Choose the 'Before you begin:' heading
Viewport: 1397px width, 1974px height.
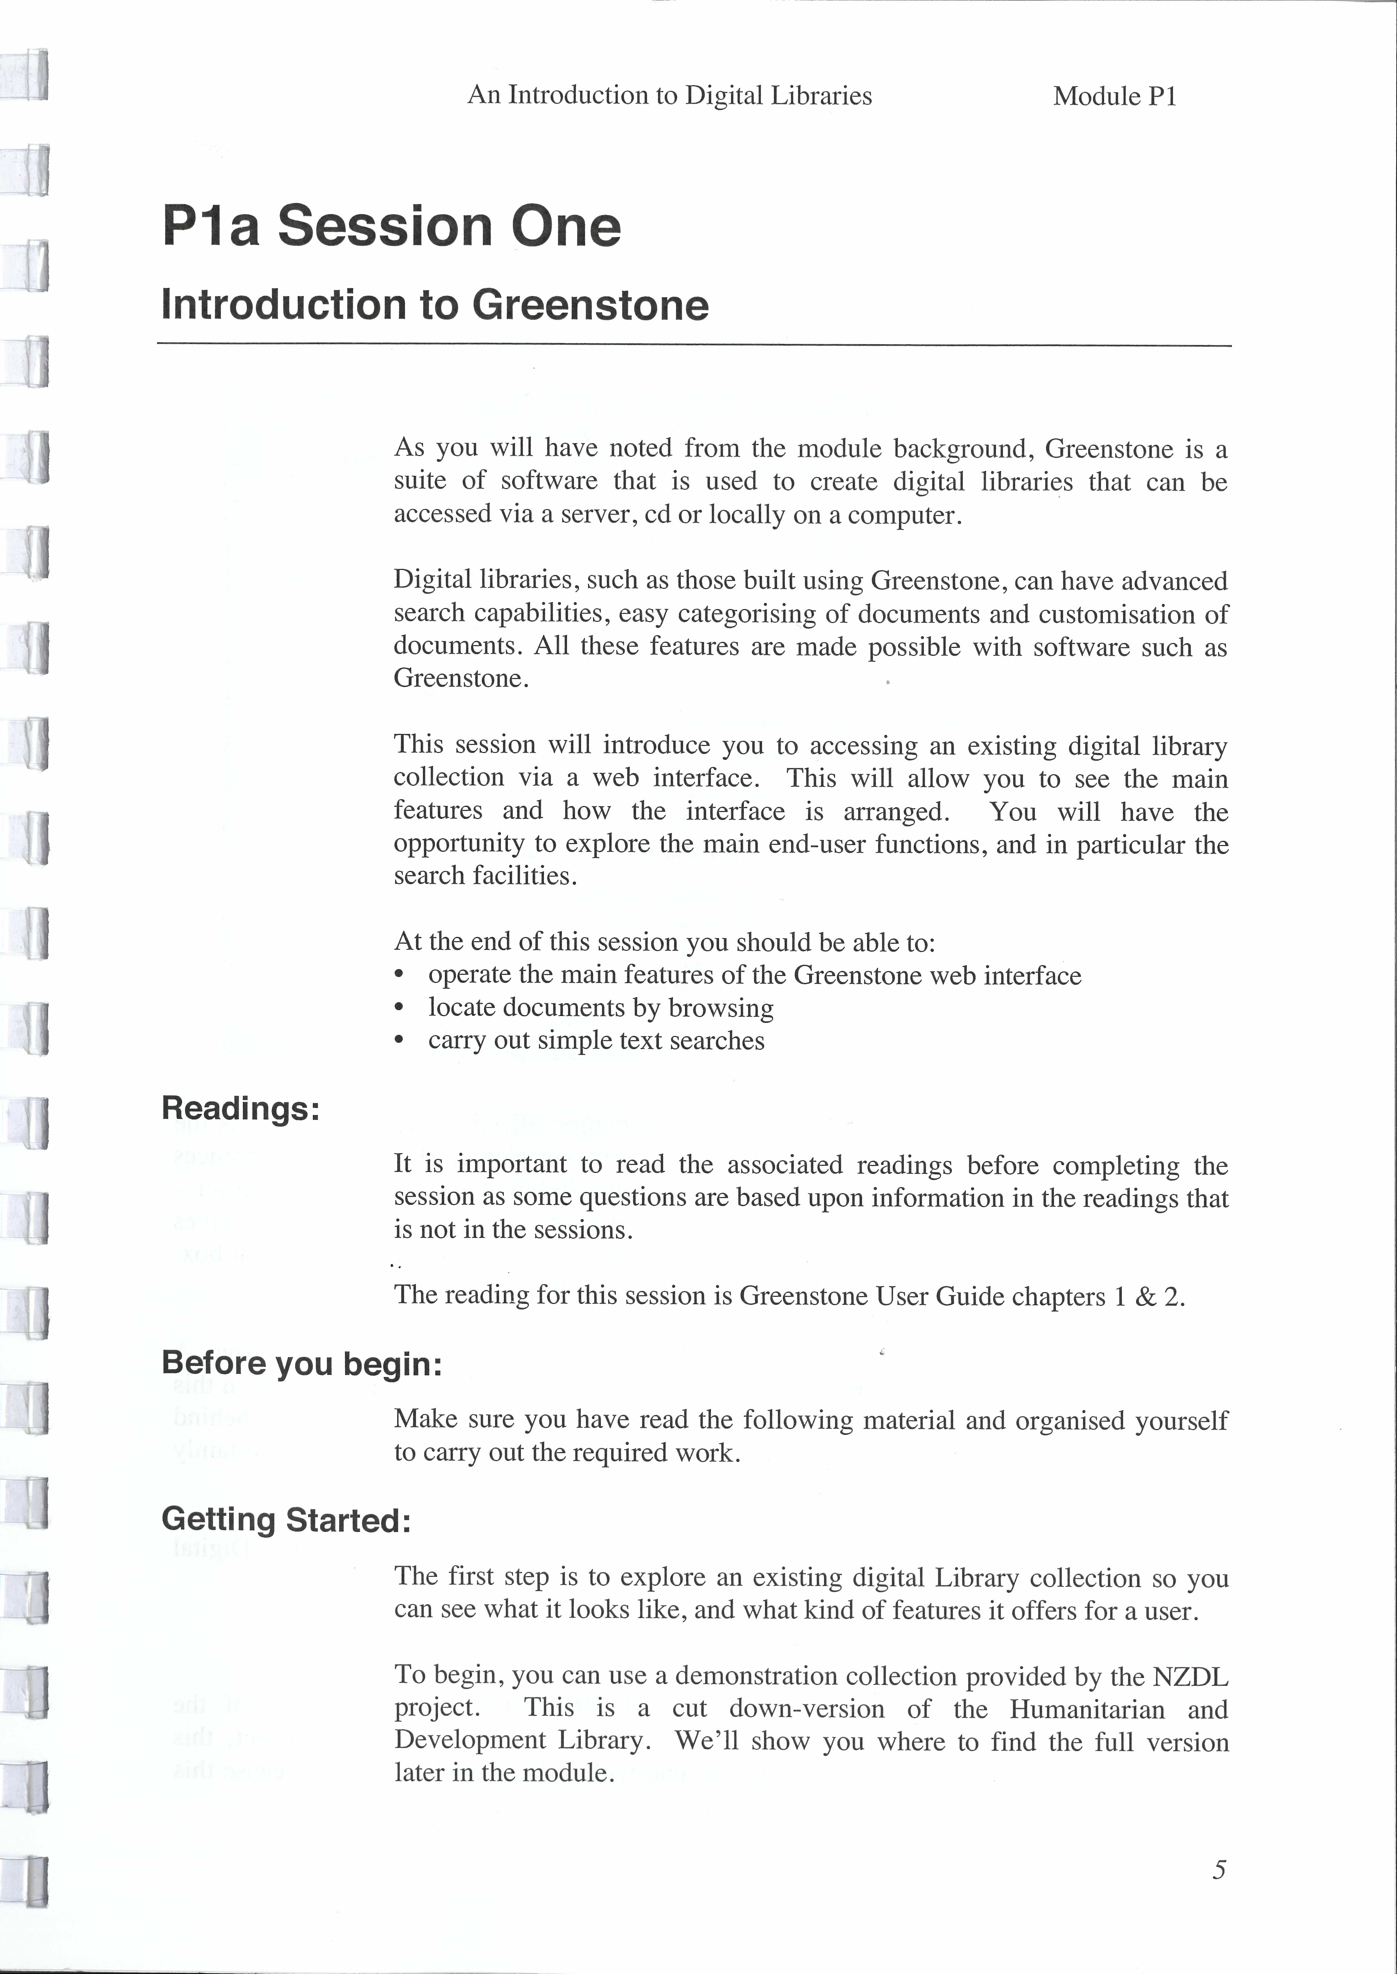(301, 1364)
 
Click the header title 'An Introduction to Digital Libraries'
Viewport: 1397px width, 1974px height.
(669, 95)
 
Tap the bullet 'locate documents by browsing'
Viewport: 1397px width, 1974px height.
(601, 1008)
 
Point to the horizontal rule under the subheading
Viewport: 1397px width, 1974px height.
(693, 346)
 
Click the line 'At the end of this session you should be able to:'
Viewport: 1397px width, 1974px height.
(664, 942)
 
